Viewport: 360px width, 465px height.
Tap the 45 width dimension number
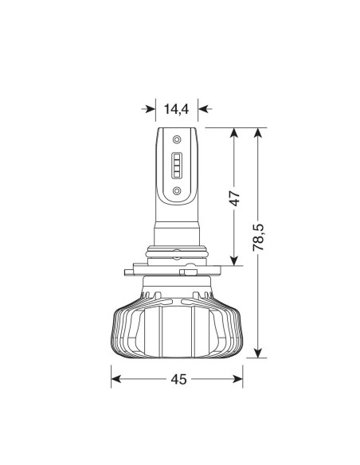point(178,379)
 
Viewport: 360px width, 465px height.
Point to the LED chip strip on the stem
point(177,165)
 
